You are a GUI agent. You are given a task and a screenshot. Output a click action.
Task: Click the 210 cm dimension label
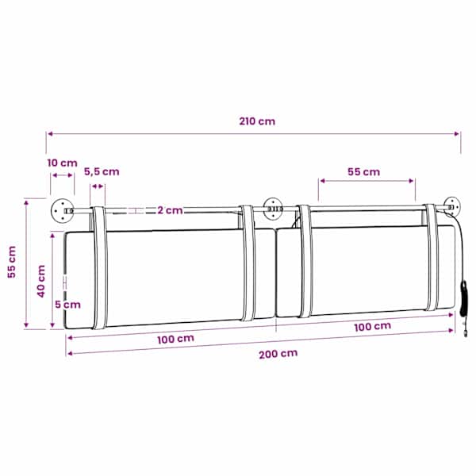257,121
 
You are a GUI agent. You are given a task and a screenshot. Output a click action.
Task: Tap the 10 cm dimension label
62,163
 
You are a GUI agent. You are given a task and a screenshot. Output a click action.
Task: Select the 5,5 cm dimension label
102,172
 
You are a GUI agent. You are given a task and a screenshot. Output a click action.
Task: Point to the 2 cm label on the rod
170,210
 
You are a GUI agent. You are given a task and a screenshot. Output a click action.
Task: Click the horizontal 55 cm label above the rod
363,172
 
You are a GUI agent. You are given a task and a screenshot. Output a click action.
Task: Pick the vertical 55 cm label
12,262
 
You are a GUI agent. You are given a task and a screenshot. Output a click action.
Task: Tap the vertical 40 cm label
41,281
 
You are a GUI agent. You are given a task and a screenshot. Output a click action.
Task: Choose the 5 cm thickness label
67,305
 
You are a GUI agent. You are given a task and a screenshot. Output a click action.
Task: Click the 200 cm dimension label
278,354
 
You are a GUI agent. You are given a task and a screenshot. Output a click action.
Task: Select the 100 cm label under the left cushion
176,339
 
